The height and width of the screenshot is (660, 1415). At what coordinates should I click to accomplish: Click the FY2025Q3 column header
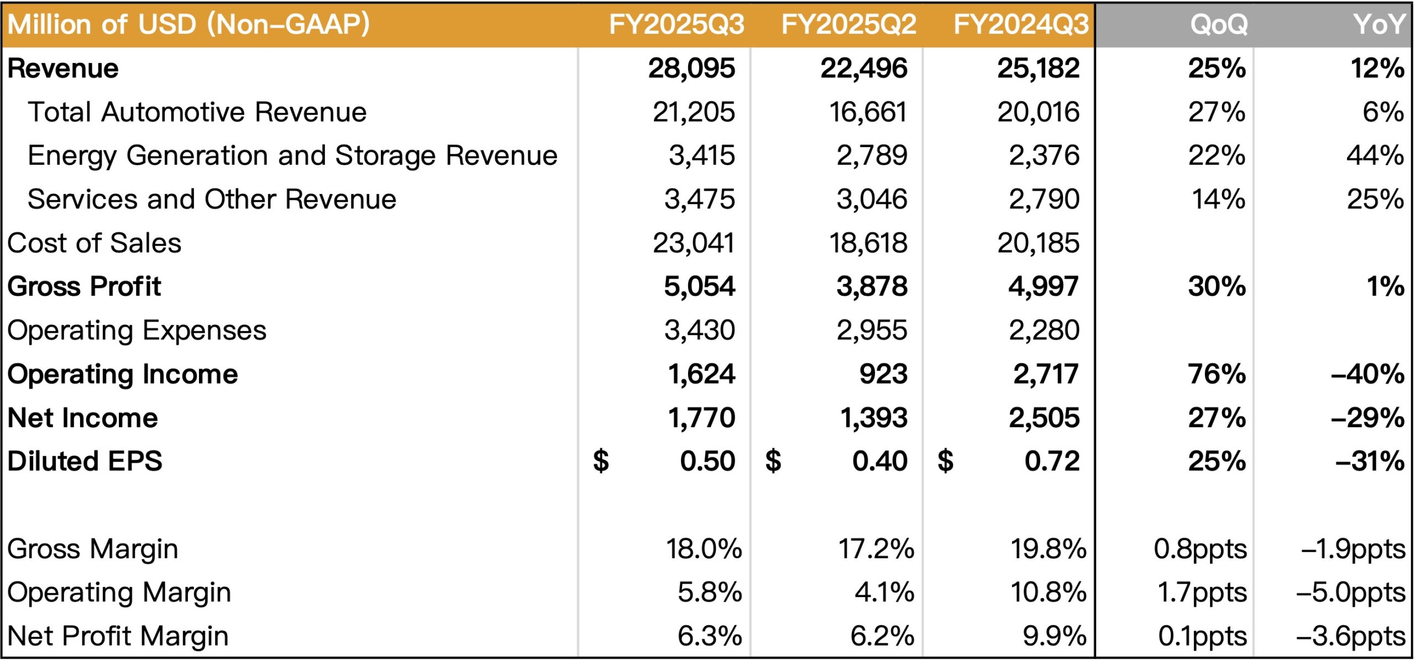tap(676, 24)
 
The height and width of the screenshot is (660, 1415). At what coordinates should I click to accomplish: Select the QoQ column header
tap(1218, 24)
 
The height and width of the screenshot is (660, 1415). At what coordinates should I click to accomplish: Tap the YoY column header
tap(1379, 24)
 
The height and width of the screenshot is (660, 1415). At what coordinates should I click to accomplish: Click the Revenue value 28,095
tap(691, 69)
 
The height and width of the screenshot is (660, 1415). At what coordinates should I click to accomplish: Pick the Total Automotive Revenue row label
tap(197, 112)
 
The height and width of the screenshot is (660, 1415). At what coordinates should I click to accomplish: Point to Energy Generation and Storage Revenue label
tap(292, 155)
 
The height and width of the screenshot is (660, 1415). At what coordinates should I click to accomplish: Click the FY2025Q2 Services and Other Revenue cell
tap(872, 199)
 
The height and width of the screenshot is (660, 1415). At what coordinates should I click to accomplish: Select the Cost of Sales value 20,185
tap(1038, 243)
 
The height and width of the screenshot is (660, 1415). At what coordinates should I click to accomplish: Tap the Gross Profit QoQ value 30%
tap(1217, 286)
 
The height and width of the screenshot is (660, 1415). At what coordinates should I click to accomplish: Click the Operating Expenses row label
tap(137, 331)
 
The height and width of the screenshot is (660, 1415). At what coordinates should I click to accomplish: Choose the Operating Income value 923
tap(883, 374)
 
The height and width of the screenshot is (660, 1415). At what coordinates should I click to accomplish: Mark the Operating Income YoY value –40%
tap(1367, 374)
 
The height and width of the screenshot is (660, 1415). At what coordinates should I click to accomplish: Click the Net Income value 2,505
tap(1044, 418)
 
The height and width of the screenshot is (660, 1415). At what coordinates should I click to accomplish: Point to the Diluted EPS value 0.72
tap(1051, 461)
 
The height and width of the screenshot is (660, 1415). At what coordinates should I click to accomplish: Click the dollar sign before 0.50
tap(601, 461)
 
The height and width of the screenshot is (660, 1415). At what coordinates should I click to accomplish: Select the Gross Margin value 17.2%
tap(876, 549)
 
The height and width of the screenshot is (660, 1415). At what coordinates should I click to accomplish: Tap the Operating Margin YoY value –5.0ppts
tap(1350, 593)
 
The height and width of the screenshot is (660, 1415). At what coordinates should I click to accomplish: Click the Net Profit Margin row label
tap(118, 636)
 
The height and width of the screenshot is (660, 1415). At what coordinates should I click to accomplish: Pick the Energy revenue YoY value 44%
tap(1375, 155)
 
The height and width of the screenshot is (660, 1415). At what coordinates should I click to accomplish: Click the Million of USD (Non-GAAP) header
tap(188, 24)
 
